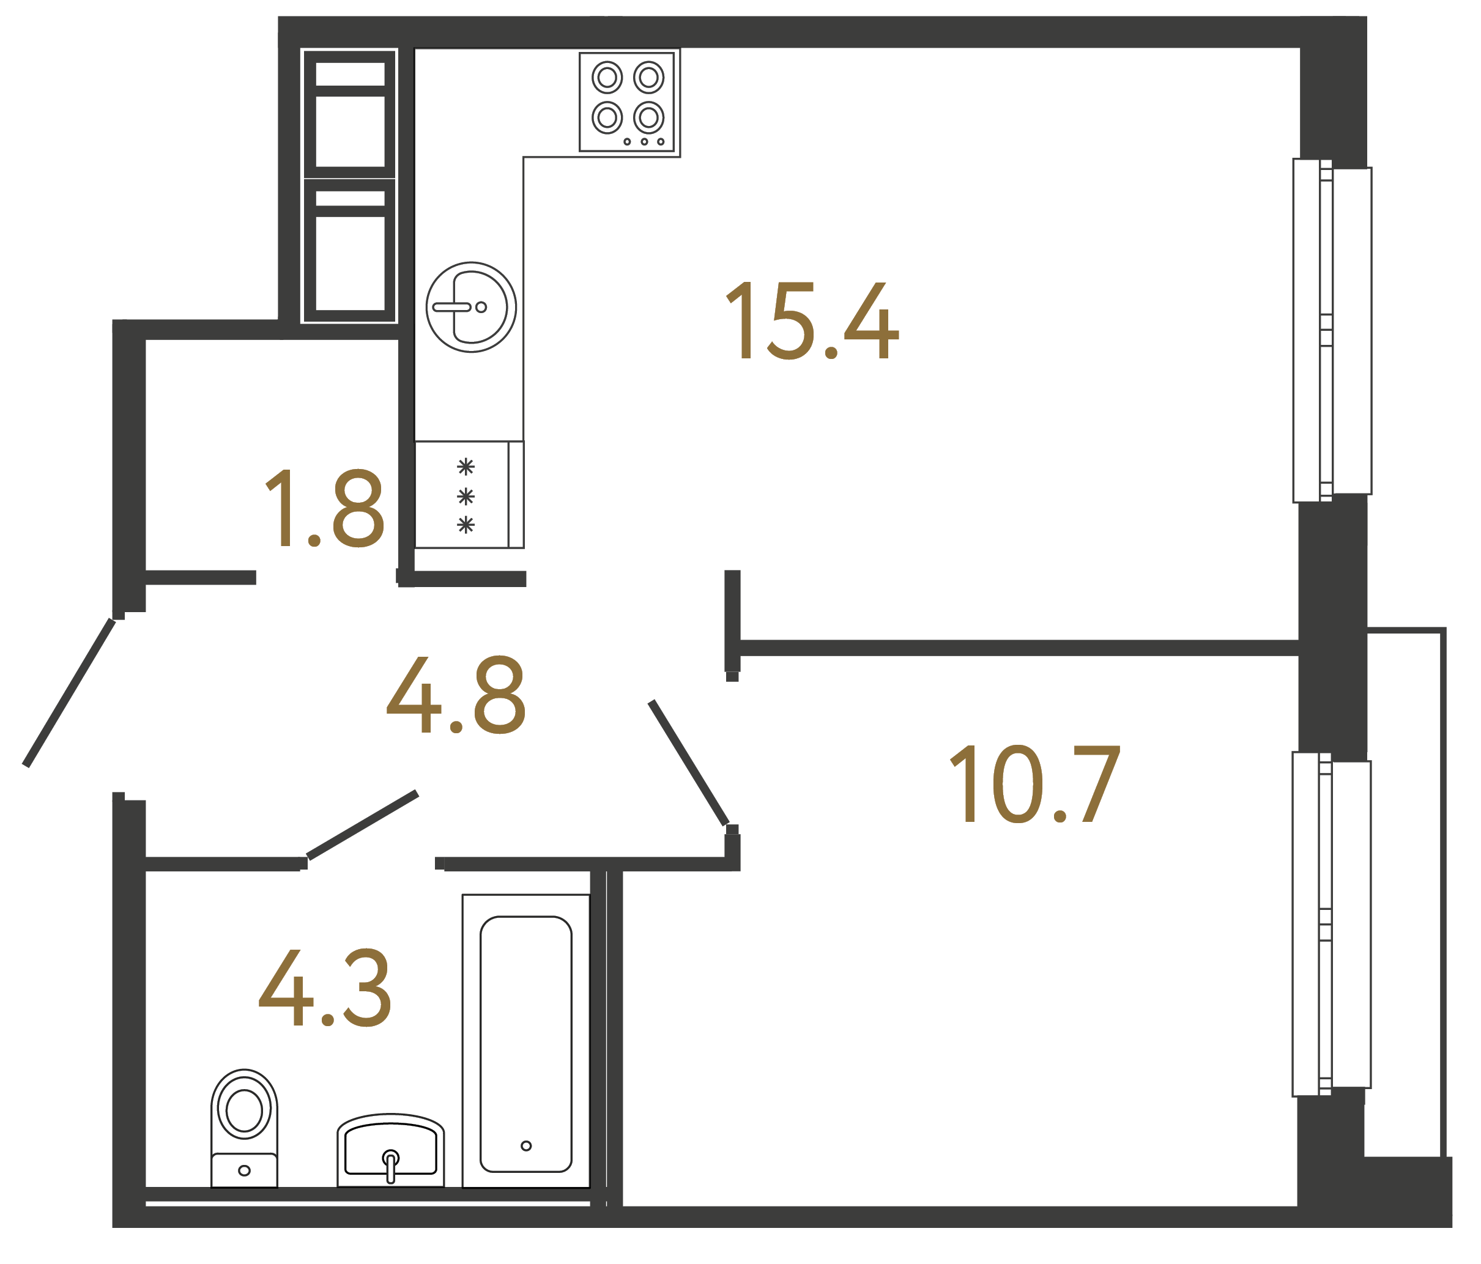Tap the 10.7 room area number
1034,784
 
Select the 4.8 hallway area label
456,695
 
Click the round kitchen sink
471,307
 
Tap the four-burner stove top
627,102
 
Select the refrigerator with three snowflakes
468,495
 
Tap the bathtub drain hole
526,1146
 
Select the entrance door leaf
69,692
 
